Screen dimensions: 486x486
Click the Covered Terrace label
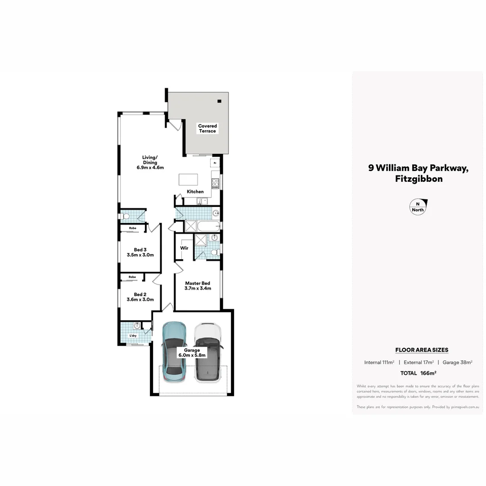(x=207, y=129)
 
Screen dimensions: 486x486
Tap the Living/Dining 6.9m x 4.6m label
(x=150, y=162)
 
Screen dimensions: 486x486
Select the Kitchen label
(x=195, y=192)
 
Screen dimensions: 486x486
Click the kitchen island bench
(x=189, y=179)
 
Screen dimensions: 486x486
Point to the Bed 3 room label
(x=140, y=252)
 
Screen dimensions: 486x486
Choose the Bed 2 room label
(x=140, y=297)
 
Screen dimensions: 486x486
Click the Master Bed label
(x=198, y=286)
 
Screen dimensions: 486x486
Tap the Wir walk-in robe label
(x=184, y=248)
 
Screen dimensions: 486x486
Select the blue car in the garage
(x=174, y=351)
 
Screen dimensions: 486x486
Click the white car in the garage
(x=207, y=352)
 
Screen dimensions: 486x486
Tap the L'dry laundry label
(x=133, y=336)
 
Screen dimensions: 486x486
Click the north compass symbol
(x=418, y=207)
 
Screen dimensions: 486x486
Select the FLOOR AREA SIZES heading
(x=422, y=350)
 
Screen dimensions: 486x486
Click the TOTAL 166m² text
(x=418, y=373)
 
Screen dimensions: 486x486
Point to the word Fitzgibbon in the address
(x=418, y=179)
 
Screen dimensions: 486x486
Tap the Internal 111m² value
(x=379, y=362)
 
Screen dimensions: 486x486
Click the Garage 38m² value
(x=457, y=362)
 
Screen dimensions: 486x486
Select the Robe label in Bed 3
(x=133, y=228)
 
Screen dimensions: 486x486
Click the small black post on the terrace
(x=220, y=101)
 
